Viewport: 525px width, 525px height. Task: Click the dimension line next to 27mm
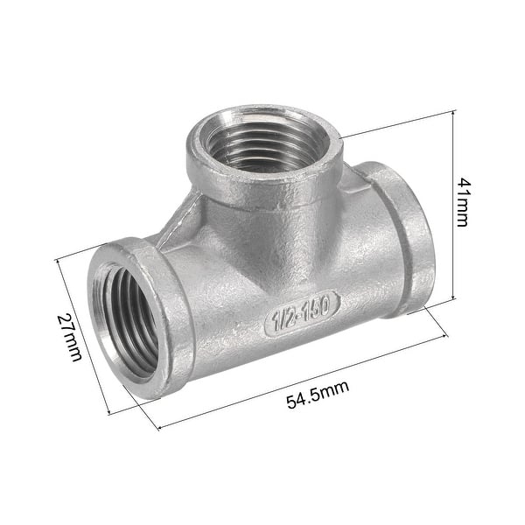tap(83, 337)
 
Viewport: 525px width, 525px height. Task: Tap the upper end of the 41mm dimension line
tap(454, 112)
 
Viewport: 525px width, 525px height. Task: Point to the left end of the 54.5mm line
tap(158, 429)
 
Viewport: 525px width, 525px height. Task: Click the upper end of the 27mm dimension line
tap(57, 259)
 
